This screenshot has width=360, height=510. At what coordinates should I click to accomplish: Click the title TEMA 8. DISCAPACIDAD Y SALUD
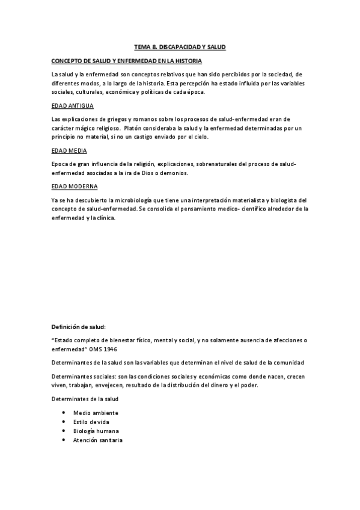tap(180, 46)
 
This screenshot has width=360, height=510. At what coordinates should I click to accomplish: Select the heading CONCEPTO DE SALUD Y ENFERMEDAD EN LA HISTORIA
tap(126, 61)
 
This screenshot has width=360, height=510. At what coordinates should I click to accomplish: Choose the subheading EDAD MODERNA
tap(75, 186)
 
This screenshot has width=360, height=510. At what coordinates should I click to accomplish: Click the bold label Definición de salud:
tap(79, 327)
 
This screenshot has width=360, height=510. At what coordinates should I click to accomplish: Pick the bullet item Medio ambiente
tap(96, 413)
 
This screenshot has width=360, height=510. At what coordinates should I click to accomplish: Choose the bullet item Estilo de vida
tap(91, 422)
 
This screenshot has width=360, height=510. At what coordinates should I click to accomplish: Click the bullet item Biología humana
tap(96, 431)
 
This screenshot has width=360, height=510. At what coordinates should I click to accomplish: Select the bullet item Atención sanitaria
tap(97, 440)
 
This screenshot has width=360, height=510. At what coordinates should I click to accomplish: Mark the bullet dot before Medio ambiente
tap(64, 413)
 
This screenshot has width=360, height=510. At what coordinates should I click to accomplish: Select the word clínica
tap(105, 218)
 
